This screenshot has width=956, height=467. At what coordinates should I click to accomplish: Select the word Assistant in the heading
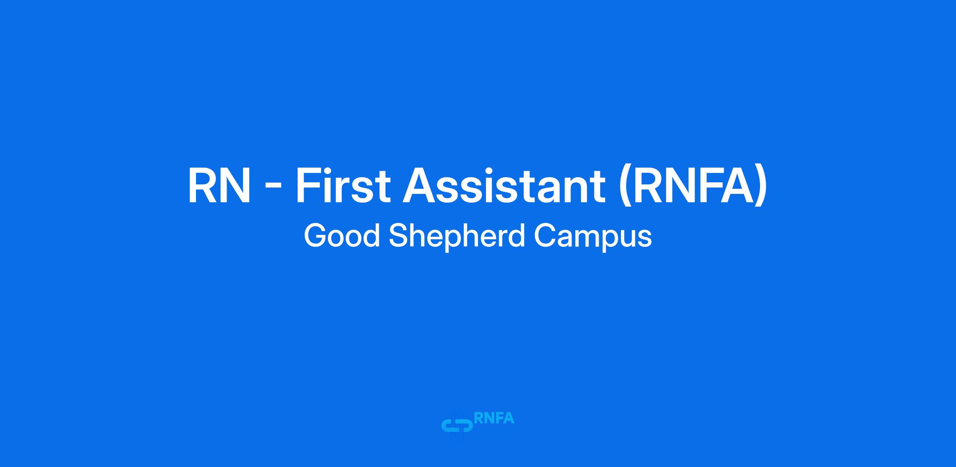click(504, 186)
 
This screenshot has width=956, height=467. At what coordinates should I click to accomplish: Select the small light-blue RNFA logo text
click(494, 418)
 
